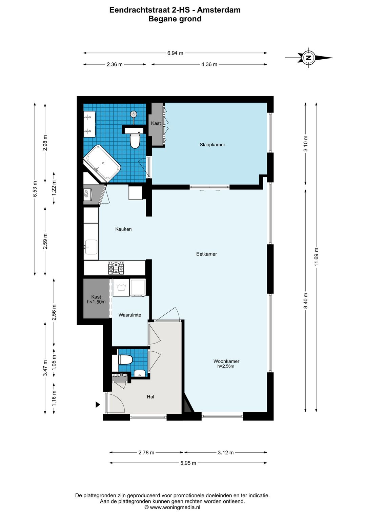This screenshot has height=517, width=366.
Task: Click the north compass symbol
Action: click(308, 58)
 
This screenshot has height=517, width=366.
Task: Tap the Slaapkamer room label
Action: click(212, 145)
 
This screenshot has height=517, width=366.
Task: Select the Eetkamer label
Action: click(206, 254)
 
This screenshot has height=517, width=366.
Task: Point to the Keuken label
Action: click(123, 229)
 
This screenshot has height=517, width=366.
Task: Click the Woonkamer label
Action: click(226, 361)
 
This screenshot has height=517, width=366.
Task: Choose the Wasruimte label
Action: click(130, 315)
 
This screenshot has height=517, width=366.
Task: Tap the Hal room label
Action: click(150, 397)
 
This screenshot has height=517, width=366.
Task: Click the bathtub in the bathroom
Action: click(102, 163)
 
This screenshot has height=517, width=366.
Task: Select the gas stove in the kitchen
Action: click(116, 268)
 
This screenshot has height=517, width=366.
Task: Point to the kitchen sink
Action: click(91, 247)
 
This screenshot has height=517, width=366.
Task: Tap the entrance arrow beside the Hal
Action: click(98, 405)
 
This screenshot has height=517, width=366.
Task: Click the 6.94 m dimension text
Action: click(175, 53)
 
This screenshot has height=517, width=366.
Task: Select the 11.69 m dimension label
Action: click(316, 257)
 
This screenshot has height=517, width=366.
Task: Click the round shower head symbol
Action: click(134, 114)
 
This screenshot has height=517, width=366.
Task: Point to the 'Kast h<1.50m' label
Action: click(96, 299)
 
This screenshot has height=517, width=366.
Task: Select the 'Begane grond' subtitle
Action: click(175, 19)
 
